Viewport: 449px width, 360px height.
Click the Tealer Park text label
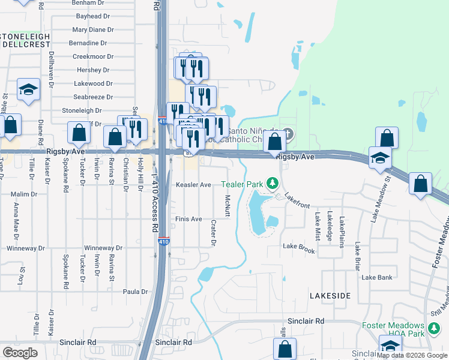[x=243, y=184]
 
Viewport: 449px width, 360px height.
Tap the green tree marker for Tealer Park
[x=273, y=182]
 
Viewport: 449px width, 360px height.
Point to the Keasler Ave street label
[x=193, y=185]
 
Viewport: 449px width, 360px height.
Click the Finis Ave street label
[x=188, y=219]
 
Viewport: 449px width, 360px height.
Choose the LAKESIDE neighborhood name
[x=330, y=296]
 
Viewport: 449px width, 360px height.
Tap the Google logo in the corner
[x=20, y=352]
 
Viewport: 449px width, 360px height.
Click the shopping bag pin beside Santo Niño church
[x=275, y=142]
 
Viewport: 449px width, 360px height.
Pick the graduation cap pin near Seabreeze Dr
[x=28, y=89]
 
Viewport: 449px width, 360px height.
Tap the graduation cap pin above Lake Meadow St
[x=379, y=158]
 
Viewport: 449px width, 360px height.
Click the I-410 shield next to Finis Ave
[x=163, y=241]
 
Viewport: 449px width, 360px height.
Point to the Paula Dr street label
[x=135, y=292]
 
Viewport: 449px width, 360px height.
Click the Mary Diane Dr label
[x=92, y=29]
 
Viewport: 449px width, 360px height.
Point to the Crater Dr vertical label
[x=213, y=232]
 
